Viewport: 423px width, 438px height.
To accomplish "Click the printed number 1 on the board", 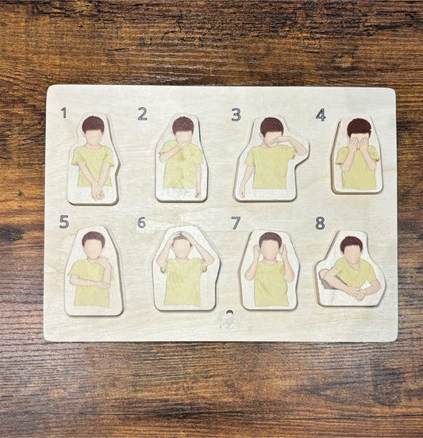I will coord(63,113).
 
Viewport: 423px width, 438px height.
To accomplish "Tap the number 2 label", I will coord(142,113).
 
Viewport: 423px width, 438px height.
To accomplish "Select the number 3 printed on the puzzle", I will coord(236,114).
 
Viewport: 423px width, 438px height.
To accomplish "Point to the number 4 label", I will coord(321,114).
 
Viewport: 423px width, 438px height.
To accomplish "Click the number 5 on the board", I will coord(63,222).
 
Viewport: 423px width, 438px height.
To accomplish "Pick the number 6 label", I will coord(141,222).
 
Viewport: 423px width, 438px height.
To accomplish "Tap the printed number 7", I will coord(236,223).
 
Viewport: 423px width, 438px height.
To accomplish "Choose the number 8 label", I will coord(320,223).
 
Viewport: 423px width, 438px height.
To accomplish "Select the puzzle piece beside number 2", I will coord(182,159).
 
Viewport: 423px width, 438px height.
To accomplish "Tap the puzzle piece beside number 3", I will coord(271,159).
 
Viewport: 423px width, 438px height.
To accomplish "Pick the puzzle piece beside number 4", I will coord(357,156).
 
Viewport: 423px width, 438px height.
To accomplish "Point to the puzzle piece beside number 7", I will coord(270,271).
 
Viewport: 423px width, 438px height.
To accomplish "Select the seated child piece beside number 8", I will coord(350,270).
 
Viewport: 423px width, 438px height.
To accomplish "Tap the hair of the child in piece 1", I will coord(94,123).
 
